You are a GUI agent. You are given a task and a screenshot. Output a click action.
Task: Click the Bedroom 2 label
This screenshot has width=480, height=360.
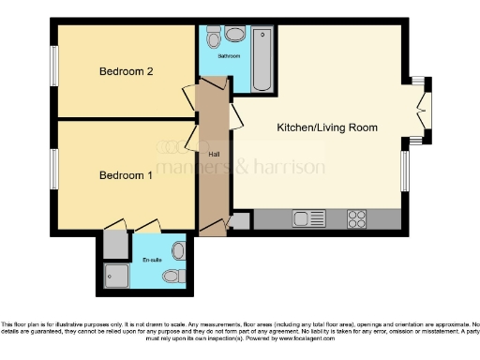tap(127, 71)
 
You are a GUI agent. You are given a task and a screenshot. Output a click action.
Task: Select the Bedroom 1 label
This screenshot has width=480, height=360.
tap(127, 175)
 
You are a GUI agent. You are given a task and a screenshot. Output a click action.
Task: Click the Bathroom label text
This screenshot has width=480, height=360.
tap(230, 56)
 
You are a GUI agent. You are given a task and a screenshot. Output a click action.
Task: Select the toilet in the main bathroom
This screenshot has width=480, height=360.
tap(213, 38)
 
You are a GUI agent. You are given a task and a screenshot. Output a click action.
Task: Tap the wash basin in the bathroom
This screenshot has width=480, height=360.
tap(232, 36)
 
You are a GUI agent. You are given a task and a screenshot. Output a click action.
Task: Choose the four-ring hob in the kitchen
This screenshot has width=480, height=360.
tap(357, 219)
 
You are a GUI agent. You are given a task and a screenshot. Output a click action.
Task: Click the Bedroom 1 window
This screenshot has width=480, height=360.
tap(55, 169)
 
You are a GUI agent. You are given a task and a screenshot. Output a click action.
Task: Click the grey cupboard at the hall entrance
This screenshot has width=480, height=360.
tap(241, 221)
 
